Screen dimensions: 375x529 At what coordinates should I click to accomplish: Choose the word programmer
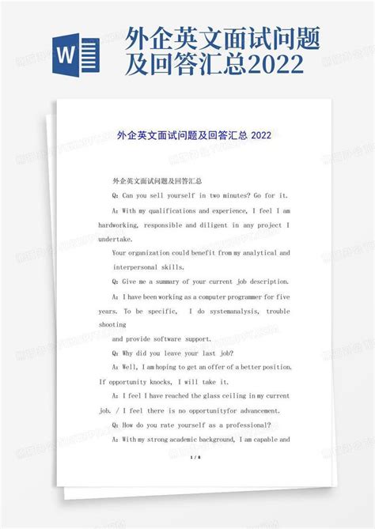pos(242,296)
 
